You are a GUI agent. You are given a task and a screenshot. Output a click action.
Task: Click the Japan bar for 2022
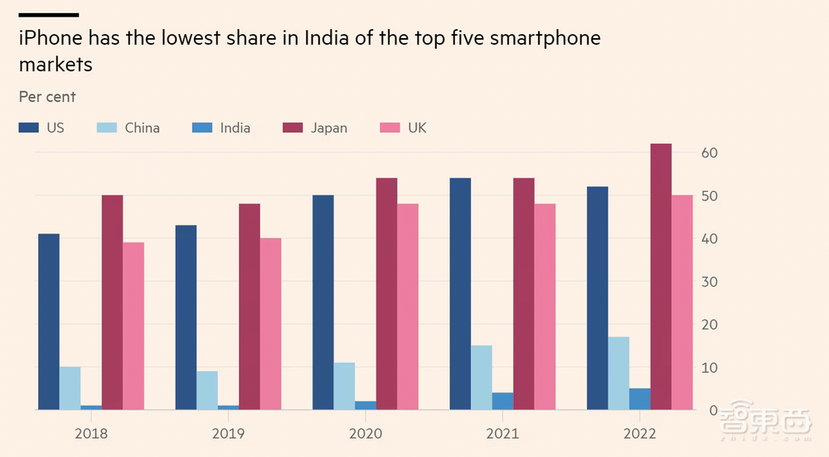661,277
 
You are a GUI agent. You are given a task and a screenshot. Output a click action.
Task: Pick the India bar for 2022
639,399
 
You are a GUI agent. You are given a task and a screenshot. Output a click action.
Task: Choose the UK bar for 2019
271,324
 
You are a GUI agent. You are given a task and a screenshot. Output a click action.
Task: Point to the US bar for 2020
323,302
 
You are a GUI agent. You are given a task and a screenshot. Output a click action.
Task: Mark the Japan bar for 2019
250,306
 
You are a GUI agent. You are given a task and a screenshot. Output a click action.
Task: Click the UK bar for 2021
545,306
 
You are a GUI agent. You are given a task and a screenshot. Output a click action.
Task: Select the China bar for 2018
70,388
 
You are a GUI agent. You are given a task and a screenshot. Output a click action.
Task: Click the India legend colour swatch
201,128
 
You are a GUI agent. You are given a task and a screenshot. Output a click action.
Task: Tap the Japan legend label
329,128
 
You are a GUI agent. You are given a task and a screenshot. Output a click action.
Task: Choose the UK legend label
417,128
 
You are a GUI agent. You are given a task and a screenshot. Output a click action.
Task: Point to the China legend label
143,128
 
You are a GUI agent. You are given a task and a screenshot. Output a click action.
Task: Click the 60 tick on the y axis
709,153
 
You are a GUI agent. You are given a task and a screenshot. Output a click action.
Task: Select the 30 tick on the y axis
709,281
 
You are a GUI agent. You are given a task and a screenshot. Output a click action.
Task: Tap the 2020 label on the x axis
366,433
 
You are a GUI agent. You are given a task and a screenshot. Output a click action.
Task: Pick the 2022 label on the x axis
640,433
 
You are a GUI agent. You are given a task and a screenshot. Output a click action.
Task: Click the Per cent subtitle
47,97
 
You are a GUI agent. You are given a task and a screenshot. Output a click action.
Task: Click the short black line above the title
48,15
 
